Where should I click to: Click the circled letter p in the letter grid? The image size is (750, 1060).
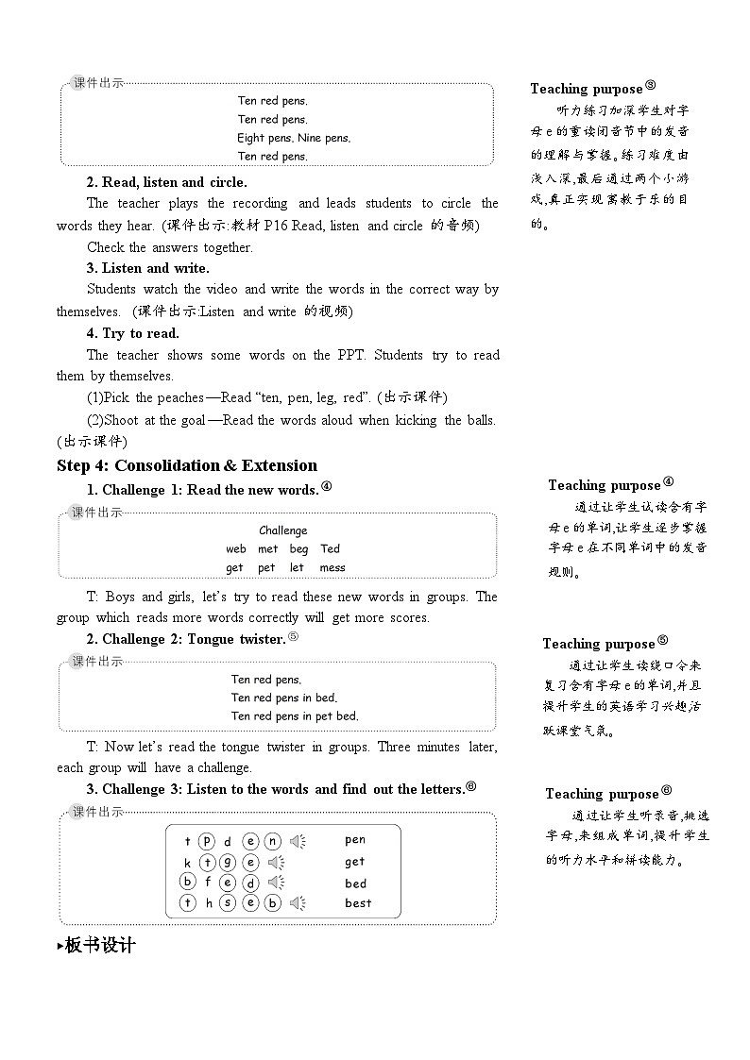point(207,841)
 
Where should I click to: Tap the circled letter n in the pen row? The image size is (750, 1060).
point(272,841)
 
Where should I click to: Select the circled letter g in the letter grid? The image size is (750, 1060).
point(229,862)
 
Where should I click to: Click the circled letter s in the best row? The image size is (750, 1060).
point(229,902)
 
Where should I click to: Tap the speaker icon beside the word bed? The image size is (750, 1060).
point(277,883)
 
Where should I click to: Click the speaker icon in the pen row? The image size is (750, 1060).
point(298,841)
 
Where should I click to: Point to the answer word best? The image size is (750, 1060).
point(358,903)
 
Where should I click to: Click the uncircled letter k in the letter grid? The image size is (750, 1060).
point(188,863)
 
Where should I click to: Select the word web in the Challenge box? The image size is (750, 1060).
point(235,549)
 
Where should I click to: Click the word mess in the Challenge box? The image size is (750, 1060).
point(332,568)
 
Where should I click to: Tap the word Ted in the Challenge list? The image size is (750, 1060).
point(330,549)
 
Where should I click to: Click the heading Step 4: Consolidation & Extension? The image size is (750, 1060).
point(187,465)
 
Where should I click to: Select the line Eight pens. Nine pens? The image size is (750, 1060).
point(294,138)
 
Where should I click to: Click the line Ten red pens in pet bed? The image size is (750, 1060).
point(295,716)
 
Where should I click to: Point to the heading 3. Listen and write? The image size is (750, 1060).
point(148,268)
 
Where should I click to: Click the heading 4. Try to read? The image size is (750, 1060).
point(133,333)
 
